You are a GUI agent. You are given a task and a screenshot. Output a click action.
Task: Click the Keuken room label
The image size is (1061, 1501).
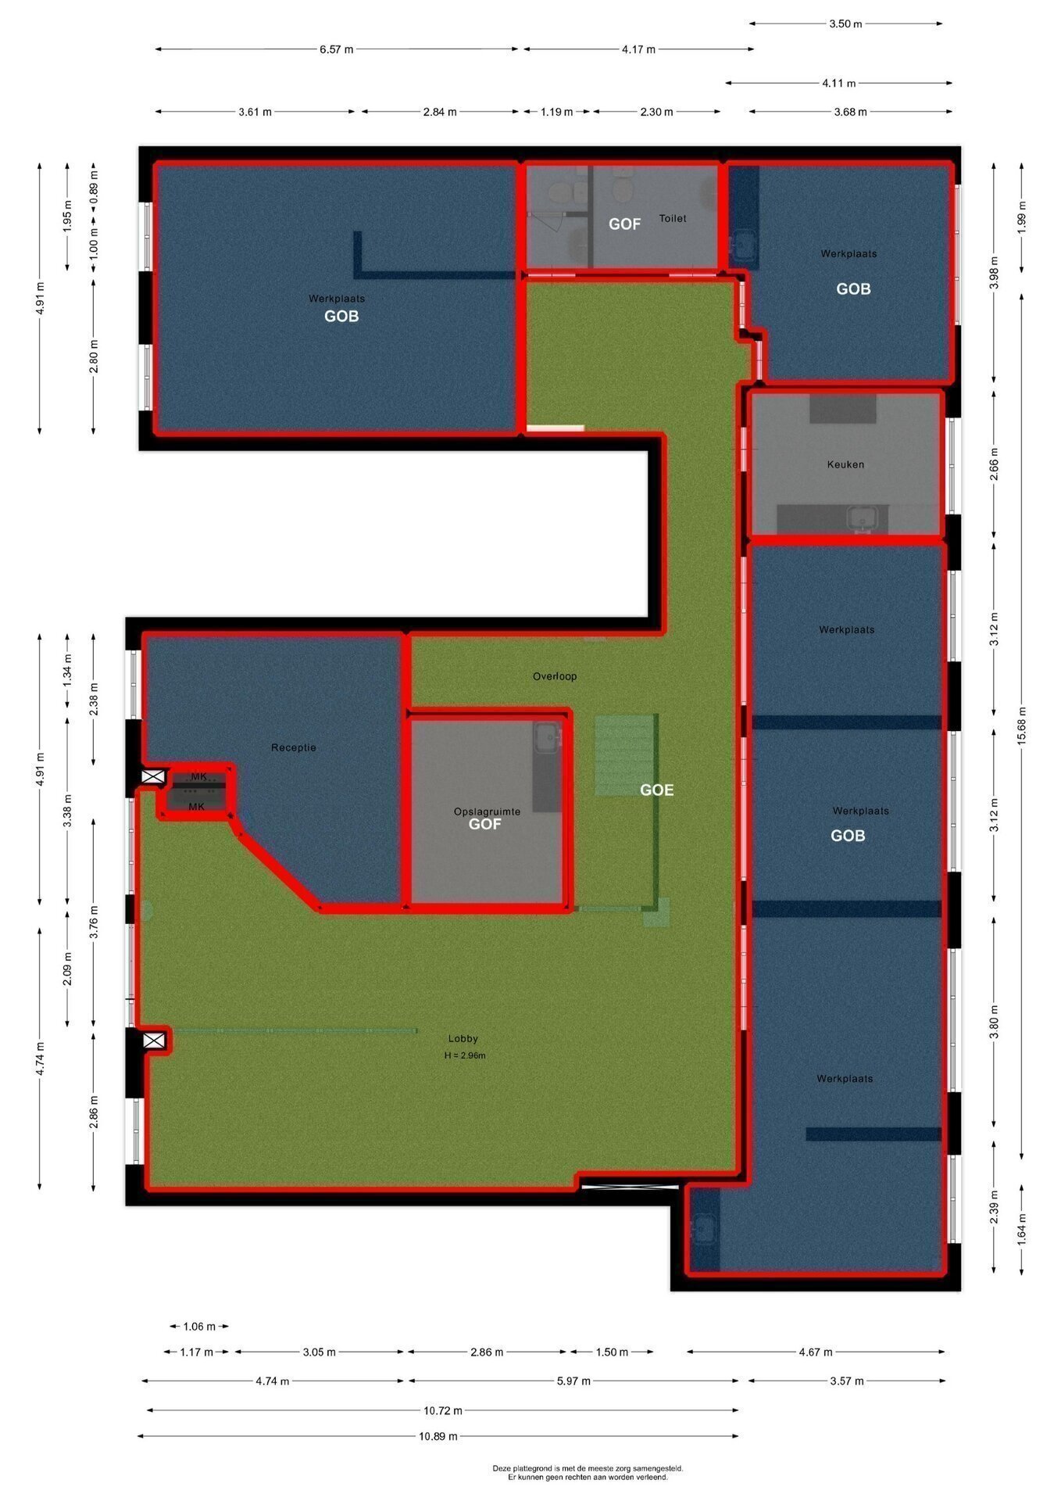845,464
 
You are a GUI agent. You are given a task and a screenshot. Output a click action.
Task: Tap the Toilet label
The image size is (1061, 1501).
673,218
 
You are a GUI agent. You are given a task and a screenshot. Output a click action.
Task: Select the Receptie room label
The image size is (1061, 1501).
294,747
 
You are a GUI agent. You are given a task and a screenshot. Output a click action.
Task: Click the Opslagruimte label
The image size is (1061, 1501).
487,811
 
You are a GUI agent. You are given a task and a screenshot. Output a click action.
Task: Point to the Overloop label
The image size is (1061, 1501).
555,676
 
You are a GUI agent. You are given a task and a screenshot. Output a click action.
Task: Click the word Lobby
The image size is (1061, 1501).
463,1039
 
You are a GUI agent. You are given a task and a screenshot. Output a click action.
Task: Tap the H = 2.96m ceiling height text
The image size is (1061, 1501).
465,1055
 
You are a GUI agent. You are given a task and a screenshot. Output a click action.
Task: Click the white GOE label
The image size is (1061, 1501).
656,790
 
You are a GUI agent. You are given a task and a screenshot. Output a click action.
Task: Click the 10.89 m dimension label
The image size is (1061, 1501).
438,1436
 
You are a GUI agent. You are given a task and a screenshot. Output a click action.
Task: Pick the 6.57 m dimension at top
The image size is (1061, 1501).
336,49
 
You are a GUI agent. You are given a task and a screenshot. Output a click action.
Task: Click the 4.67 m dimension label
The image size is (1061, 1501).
816,1352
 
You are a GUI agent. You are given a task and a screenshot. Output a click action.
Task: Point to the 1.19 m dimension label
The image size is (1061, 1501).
556,112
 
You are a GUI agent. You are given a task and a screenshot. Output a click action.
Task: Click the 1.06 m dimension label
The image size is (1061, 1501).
198,1326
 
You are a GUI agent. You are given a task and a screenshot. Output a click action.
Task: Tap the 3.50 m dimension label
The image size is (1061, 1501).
845,24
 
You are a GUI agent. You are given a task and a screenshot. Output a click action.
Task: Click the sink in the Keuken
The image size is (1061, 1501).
863,518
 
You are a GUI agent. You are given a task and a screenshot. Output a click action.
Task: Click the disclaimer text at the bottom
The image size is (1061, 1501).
588,1473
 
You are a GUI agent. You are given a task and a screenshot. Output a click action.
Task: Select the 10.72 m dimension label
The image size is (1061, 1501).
443,1411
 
